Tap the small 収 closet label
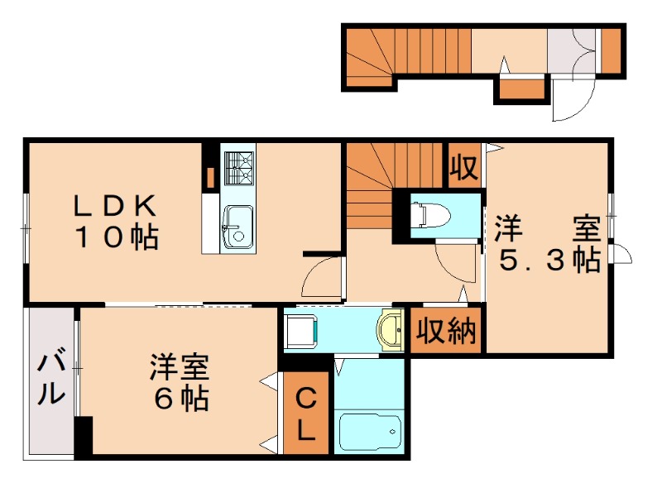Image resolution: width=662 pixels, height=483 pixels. click(x=463, y=168)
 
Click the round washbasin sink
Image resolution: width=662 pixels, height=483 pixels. click(x=389, y=332)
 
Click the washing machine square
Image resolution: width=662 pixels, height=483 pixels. click(x=299, y=332)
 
